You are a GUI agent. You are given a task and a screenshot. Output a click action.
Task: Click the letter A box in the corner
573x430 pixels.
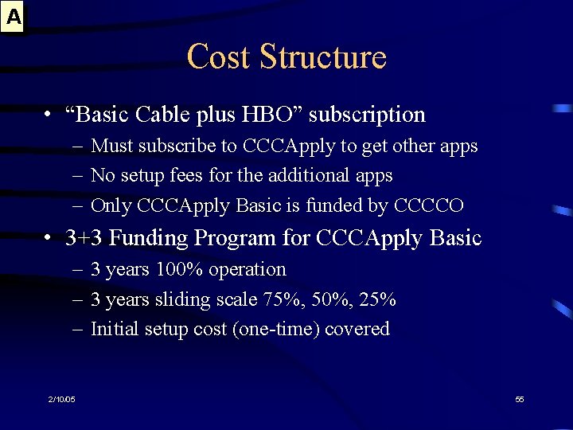[14, 16]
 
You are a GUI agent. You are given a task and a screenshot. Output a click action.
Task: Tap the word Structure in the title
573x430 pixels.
[322, 57]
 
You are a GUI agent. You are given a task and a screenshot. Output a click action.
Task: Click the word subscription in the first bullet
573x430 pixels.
[367, 115]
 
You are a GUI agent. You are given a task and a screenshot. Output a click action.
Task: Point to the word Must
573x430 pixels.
[113, 147]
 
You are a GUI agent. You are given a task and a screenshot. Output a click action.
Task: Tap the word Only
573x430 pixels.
[111, 205]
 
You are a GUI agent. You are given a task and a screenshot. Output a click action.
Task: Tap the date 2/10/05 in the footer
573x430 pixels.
[60, 399]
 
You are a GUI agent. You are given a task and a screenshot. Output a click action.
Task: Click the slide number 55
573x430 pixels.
[520, 399]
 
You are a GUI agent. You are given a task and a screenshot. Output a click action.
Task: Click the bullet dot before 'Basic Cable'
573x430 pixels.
[49, 115]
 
